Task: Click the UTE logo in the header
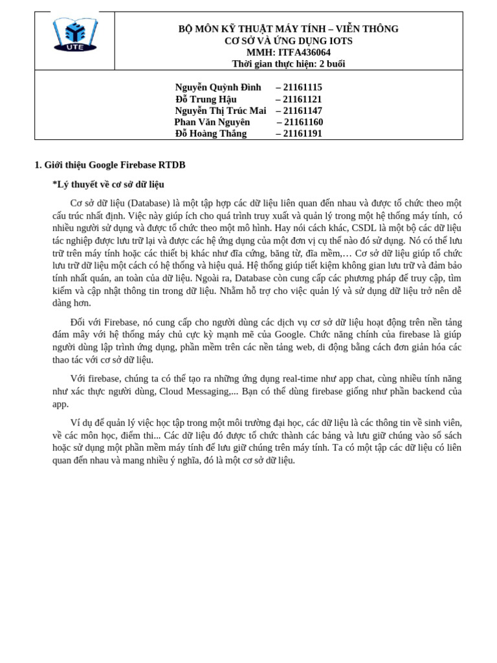(x=75, y=35)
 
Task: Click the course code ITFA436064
(x=305, y=52)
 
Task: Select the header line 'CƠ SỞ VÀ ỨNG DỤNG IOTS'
(x=289, y=41)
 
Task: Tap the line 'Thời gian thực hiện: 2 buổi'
(x=289, y=63)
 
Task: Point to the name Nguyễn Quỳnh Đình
(x=218, y=87)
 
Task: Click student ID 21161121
(x=302, y=99)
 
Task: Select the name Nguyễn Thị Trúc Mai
(x=221, y=111)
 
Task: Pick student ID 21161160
(x=304, y=122)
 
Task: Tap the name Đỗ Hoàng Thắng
(x=211, y=133)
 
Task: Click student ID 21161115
(x=302, y=87)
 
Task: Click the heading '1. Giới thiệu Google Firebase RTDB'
(x=110, y=165)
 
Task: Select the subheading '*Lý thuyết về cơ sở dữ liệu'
(x=108, y=185)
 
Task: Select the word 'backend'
(x=420, y=391)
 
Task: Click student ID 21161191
(x=302, y=133)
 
